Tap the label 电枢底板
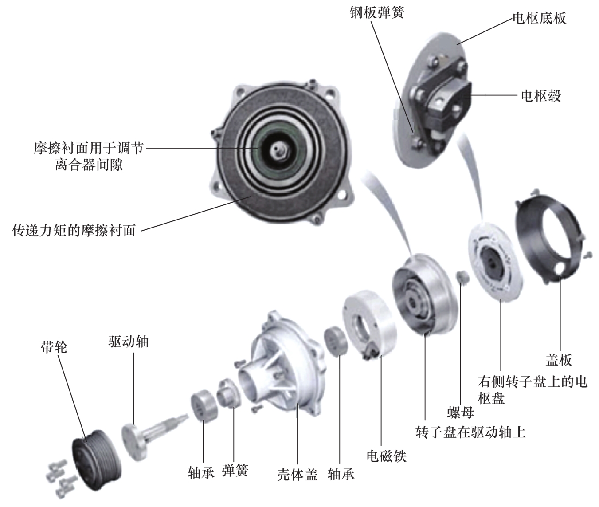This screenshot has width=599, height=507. tap(539, 18)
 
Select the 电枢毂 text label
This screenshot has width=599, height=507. tap(541, 95)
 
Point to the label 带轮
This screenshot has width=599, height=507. tap(54, 347)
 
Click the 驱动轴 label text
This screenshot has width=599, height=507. tap(128, 342)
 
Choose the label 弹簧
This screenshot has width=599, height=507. tap(235, 471)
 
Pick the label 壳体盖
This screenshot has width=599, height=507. tap(297, 475)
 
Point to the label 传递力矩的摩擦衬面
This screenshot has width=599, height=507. tap(74, 230)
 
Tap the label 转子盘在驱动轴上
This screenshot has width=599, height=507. tap(470, 432)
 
